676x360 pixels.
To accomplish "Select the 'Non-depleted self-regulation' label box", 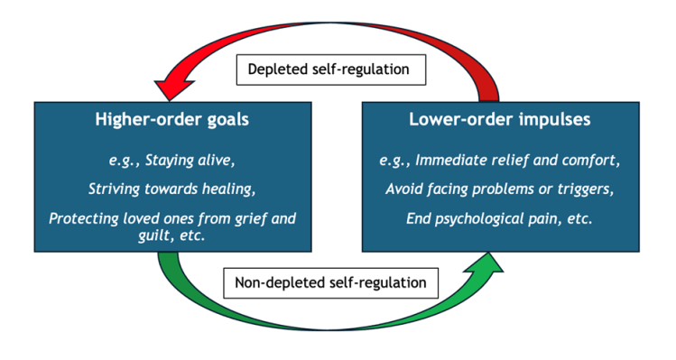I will point(331,282).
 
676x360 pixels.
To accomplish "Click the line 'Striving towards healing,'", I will point(172,189).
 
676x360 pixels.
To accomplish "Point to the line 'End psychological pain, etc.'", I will point(501,217).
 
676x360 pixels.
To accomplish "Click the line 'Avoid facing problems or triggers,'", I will point(501,189).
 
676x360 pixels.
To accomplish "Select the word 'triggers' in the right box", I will point(588,189).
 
